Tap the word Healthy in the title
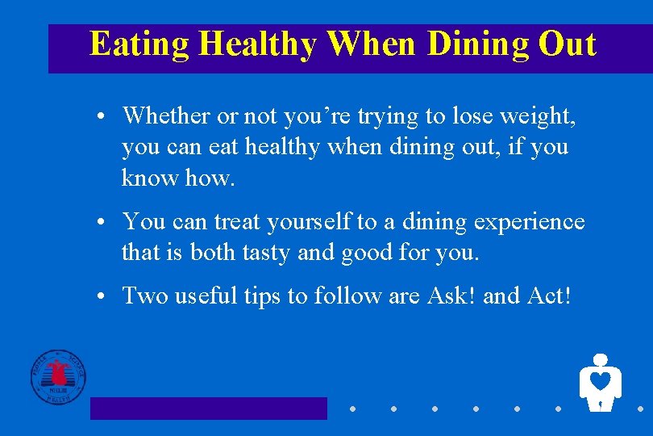(258, 44)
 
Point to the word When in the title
(371, 44)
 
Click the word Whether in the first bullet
(167, 116)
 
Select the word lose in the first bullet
(472, 116)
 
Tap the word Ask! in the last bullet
(449, 296)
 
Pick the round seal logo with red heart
(57, 377)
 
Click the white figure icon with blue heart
(600, 382)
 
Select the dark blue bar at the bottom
(208, 409)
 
